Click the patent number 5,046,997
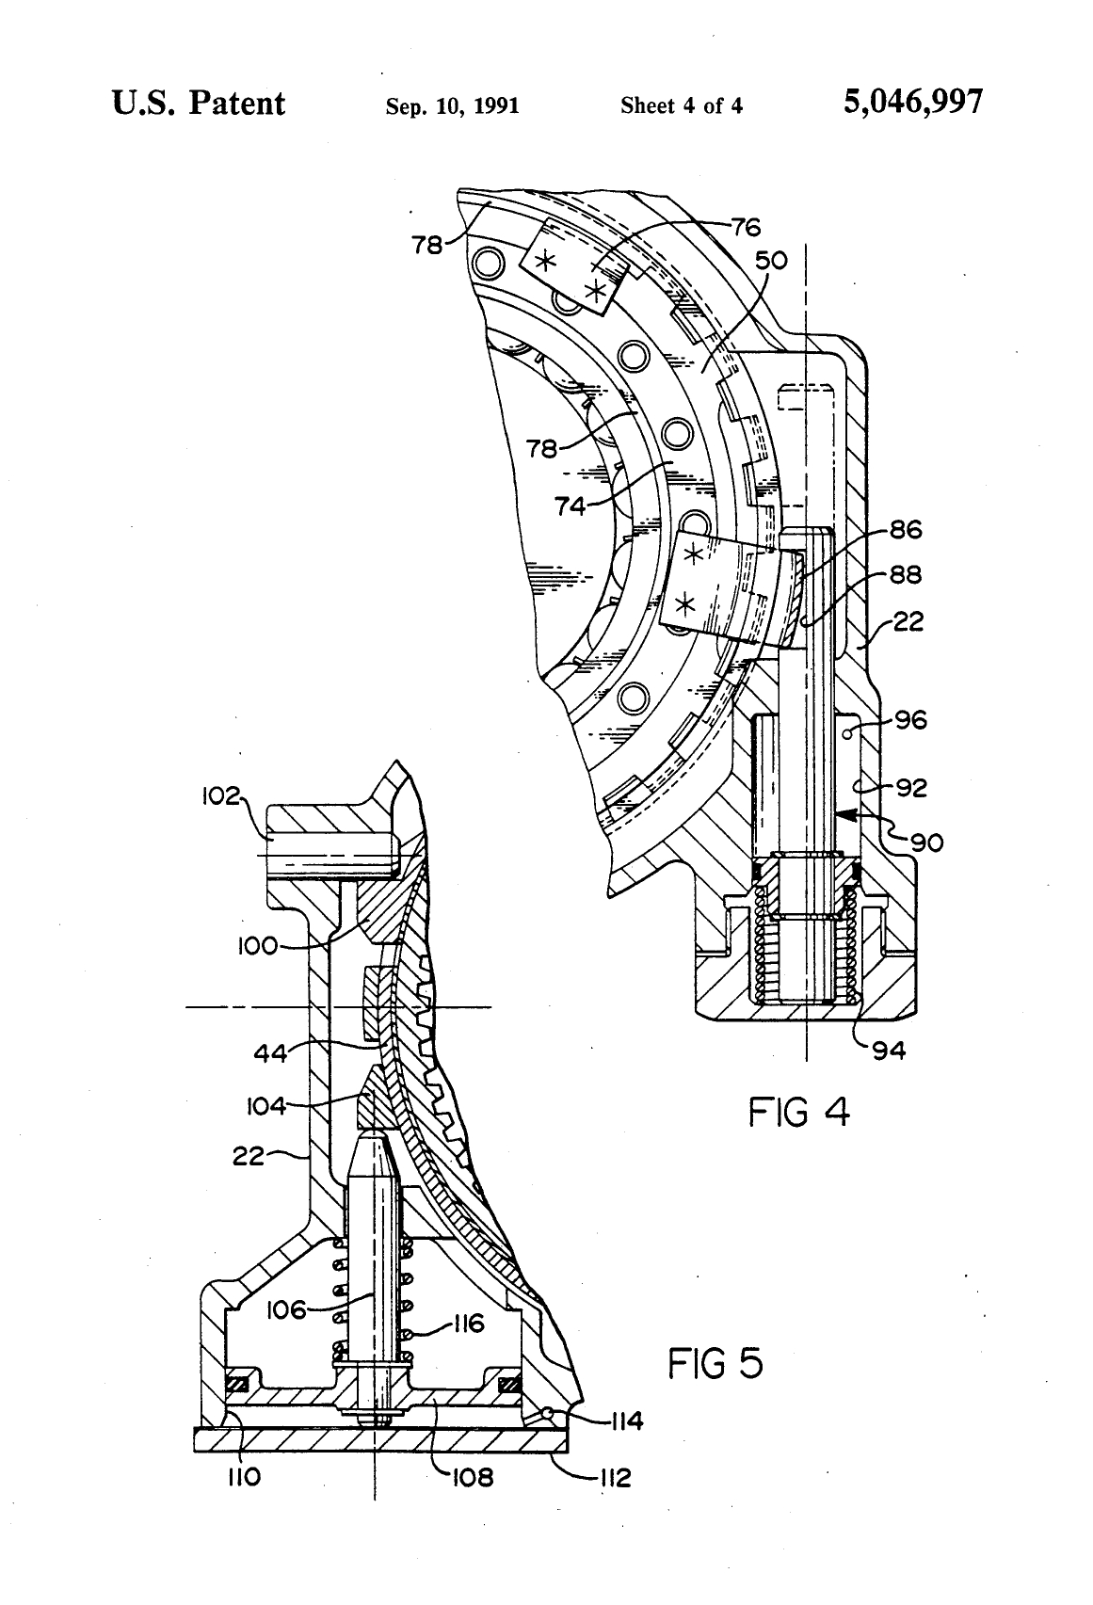point(912,103)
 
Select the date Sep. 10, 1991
point(452,106)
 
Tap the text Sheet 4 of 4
point(682,106)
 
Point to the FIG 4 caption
point(799,1113)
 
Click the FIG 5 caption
point(716,1363)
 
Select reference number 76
point(746,227)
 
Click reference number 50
point(771,260)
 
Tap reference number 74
point(571,506)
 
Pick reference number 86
point(906,529)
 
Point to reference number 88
point(906,574)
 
